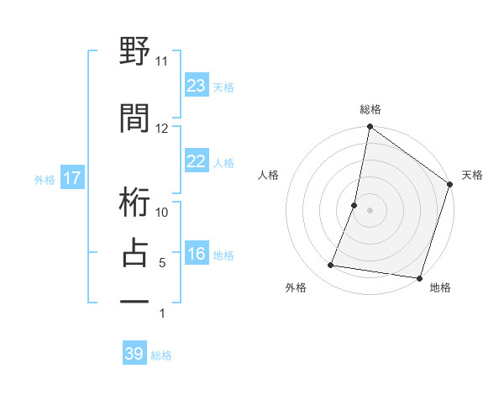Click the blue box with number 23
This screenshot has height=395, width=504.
pyautogui.click(x=197, y=86)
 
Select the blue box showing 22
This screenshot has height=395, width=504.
pyautogui.click(x=197, y=162)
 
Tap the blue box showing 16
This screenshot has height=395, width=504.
pyautogui.click(x=197, y=255)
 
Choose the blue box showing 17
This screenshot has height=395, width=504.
pyautogui.click(x=71, y=178)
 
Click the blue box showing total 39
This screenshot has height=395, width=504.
pyautogui.click(x=134, y=354)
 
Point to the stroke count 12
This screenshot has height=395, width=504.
pyautogui.click(x=161, y=129)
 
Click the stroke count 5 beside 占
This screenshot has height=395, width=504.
pyautogui.click(x=162, y=263)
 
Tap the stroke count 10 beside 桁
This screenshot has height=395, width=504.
pyautogui.click(x=162, y=213)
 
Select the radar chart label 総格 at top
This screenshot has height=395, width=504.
pyautogui.click(x=370, y=109)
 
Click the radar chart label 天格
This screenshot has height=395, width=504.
pyautogui.click(x=472, y=175)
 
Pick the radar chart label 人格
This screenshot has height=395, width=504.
pyautogui.click(x=269, y=175)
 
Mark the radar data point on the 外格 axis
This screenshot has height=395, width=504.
pyautogui.click(x=331, y=266)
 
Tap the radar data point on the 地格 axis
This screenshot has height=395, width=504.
pyautogui.click(x=419, y=277)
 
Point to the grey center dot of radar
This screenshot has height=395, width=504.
pyautogui.click(x=370, y=210)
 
